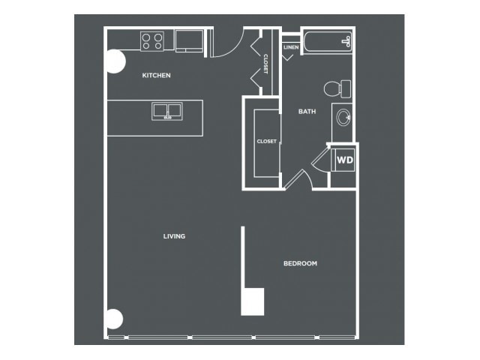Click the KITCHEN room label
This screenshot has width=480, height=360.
(x=156, y=75)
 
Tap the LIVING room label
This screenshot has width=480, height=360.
(x=174, y=236)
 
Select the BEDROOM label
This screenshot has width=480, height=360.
(x=300, y=263)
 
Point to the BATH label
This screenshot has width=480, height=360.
(x=307, y=112)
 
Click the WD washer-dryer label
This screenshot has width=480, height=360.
(x=345, y=160)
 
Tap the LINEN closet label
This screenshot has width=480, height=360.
(x=291, y=47)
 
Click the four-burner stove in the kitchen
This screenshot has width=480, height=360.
(x=152, y=41)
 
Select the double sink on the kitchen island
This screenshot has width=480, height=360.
(x=167, y=111)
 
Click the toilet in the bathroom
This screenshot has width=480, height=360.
(x=337, y=88)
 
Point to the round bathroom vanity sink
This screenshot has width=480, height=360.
(x=343, y=118)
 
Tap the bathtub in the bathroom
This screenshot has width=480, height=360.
(x=328, y=42)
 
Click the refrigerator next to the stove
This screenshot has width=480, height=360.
(x=189, y=41)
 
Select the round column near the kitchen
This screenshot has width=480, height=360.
(x=115, y=61)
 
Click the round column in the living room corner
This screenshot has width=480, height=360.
(x=115, y=319)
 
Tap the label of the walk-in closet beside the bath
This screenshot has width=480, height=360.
(x=267, y=142)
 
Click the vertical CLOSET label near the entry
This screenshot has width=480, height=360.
(x=265, y=64)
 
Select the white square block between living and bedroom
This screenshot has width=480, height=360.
(x=253, y=301)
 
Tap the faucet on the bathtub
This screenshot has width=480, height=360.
(x=347, y=41)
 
